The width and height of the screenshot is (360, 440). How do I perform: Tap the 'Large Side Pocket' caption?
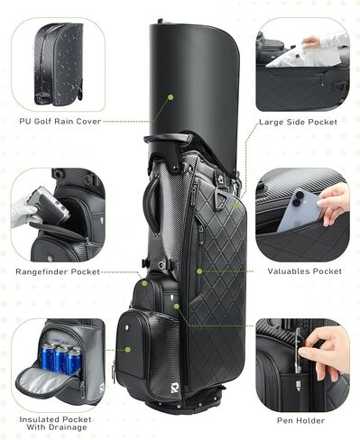(x=299, y=121)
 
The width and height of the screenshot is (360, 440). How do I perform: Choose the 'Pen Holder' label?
(x=301, y=420)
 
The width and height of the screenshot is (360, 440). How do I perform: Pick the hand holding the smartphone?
(x=333, y=203)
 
